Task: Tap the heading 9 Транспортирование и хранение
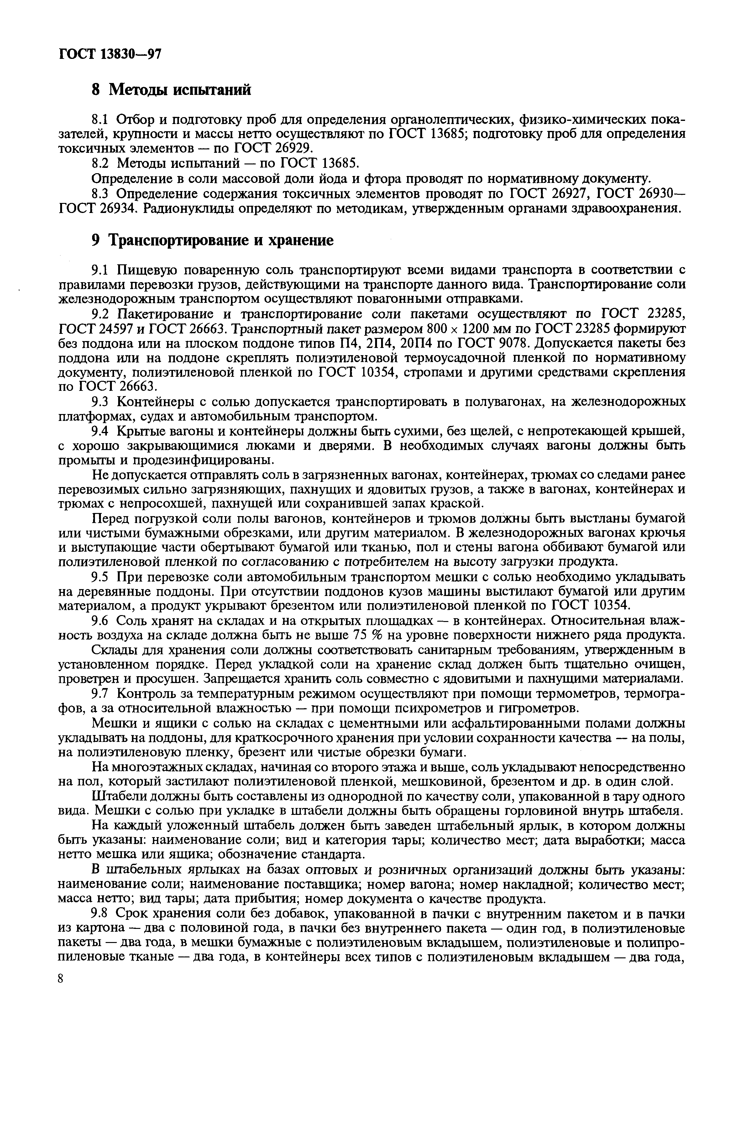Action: (x=212, y=241)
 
